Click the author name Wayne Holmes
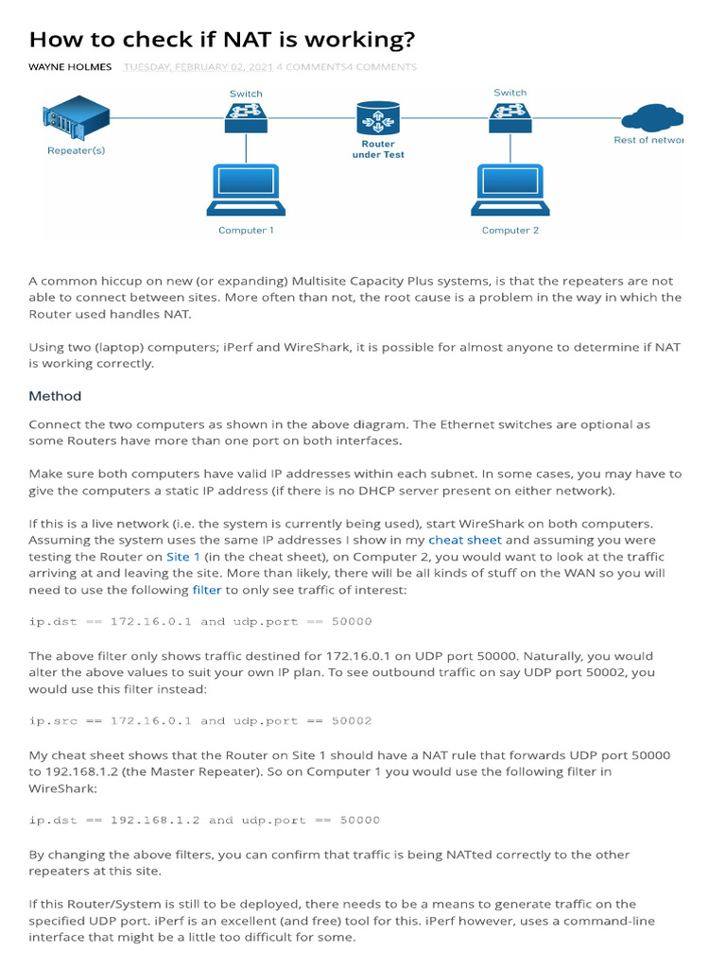pos(70,67)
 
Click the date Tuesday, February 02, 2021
pos(198,67)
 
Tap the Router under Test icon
pos(378,119)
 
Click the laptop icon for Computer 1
pos(246,191)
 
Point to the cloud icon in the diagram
pos(654,119)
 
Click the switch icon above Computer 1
pos(246,117)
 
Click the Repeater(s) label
pos(76,150)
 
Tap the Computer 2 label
pos(510,231)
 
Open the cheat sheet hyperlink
pos(464,541)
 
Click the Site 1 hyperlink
pos(183,558)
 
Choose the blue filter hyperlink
pos(207,590)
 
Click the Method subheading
pos(55,396)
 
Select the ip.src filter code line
pos(200,720)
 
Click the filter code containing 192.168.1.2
pos(204,821)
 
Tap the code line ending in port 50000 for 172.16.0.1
pos(200,622)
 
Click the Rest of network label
pos(648,140)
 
